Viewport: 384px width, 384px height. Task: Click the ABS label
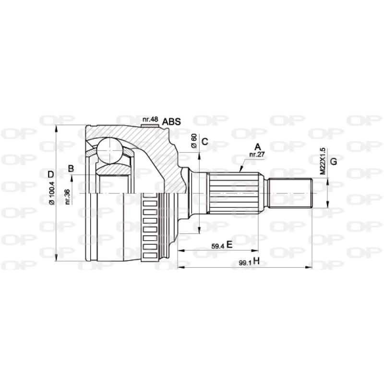pos(171,121)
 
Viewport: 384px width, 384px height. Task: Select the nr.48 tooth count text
pos(150,119)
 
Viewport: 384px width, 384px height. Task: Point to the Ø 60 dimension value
pos(194,141)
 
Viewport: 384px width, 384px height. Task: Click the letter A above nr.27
pos(257,147)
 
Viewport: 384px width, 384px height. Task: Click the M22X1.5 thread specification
pos(323,160)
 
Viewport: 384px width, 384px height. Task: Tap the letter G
pos(334,161)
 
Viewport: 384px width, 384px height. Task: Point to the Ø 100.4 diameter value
pos(52,194)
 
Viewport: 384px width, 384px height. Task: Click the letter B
pos(71,168)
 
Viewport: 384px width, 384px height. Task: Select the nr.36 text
pos(68,197)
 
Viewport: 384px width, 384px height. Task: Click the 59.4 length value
pos(218,246)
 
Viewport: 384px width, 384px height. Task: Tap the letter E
pos(229,245)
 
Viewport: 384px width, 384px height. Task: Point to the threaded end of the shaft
pos(290,193)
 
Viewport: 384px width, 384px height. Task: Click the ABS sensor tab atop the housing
pos(150,126)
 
